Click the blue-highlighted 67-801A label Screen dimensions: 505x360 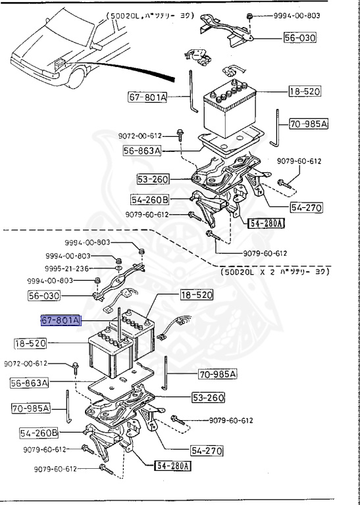click(x=61, y=321)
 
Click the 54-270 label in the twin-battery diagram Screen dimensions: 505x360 click(x=207, y=451)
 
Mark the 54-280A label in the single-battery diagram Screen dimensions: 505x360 click(x=267, y=224)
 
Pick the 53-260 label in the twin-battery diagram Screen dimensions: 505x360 click(x=208, y=398)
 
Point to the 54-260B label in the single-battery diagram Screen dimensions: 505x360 click(x=149, y=199)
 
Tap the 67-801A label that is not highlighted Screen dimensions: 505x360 click(x=148, y=97)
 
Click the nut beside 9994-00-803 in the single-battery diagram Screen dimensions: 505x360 click(x=249, y=15)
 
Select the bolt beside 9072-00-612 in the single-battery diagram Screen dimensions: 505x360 click(x=179, y=136)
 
